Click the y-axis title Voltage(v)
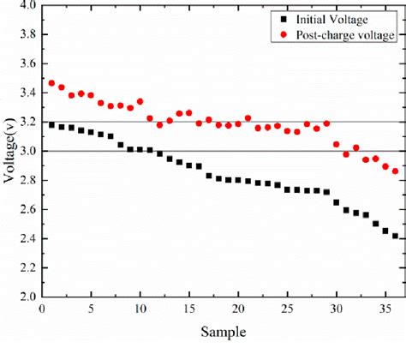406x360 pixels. pos(9,154)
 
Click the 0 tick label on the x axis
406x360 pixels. pos(42,310)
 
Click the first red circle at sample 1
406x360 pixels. pos(52,83)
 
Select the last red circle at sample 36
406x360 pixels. pos(395,171)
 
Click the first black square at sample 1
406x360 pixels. pos(52,125)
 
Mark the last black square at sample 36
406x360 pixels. pos(395,237)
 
